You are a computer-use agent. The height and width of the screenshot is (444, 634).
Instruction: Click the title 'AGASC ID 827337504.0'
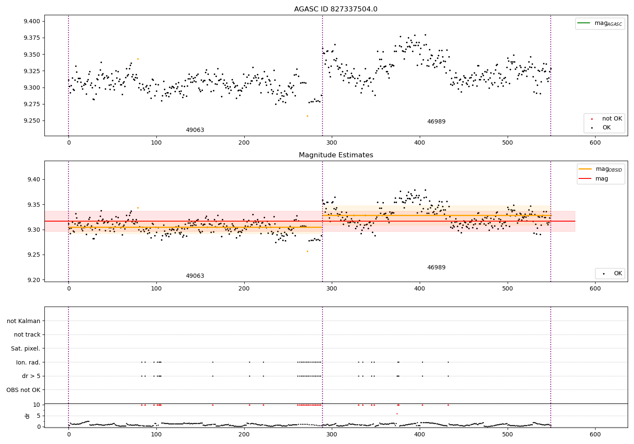[336, 9]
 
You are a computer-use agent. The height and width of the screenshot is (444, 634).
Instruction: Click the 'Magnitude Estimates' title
[336, 155]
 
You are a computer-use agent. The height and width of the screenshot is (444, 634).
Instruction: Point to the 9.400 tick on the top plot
[31, 22]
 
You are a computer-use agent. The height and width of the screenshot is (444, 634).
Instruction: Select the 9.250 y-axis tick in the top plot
[31, 121]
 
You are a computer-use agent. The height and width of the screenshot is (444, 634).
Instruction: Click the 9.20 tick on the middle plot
[33, 280]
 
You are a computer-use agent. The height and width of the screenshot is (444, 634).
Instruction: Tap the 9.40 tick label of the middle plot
[33, 179]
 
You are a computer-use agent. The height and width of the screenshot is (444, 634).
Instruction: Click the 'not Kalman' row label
[24, 321]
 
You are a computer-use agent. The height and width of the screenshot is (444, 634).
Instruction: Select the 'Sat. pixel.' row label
[26, 348]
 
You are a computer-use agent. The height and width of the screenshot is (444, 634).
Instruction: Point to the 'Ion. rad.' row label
[28, 362]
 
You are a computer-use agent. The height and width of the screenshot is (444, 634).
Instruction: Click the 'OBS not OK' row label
[24, 390]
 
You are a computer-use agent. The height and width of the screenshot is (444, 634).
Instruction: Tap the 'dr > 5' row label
[31, 376]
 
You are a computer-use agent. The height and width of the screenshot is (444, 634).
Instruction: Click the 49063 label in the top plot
[195, 130]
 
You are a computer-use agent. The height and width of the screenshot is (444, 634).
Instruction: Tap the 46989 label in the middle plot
[436, 268]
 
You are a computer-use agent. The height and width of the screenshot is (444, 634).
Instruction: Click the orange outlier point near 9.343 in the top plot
[138, 59]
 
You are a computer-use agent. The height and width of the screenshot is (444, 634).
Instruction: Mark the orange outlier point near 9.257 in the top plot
[307, 116]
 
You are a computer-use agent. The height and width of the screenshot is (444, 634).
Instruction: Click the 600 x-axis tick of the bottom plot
[595, 433]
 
